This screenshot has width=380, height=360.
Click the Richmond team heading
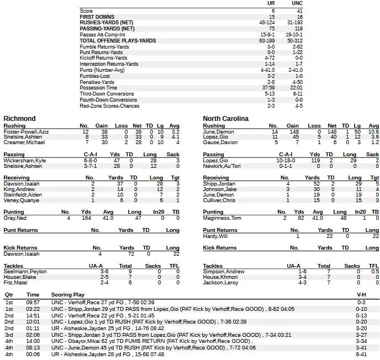click(x=19, y=119)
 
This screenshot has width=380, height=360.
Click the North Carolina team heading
click(x=225, y=119)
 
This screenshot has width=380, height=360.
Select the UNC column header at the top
click(x=297, y=3)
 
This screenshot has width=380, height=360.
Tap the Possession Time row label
click(x=98, y=88)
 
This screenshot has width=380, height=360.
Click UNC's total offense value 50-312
click(x=295, y=41)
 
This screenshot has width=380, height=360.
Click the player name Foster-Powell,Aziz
click(x=26, y=132)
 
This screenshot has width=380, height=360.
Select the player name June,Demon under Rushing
click(x=218, y=132)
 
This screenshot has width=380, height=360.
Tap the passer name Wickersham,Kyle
click(x=25, y=160)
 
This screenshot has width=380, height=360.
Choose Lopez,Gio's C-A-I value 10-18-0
click(x=285, y=160)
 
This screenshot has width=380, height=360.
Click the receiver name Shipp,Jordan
click(x=219, y=183)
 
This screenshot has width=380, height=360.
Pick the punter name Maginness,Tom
click(x=221, y=218)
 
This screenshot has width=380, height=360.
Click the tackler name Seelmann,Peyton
click(x=25, y=272)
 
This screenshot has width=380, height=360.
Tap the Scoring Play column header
click(x=67, y=295)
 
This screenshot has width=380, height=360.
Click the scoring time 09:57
click(x=33, y=303)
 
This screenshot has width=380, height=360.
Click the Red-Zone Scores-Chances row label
click(x=109, y=105)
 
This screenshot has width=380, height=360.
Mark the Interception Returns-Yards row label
click(x=109, y=64)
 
